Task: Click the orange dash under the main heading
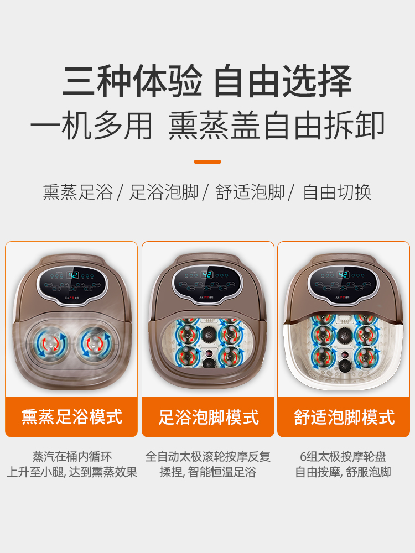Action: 207,161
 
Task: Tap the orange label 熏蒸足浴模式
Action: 72,416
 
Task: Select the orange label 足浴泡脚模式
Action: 208,416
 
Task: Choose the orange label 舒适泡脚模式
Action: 344,416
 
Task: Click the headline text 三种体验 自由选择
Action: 207,82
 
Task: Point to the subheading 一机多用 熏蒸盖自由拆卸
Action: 207,126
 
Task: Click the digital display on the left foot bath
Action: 72,275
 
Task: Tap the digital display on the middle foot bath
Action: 208,275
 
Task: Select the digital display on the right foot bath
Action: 344,275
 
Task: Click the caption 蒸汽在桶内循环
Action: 72,457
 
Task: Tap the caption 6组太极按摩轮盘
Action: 344,457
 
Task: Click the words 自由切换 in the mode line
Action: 337,192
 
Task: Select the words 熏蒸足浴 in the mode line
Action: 77,192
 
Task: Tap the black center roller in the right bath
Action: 344,335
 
